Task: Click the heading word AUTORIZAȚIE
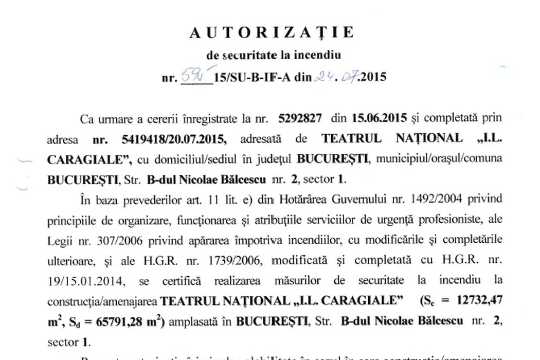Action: (272, 32)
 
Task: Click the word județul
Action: (274, 159)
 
